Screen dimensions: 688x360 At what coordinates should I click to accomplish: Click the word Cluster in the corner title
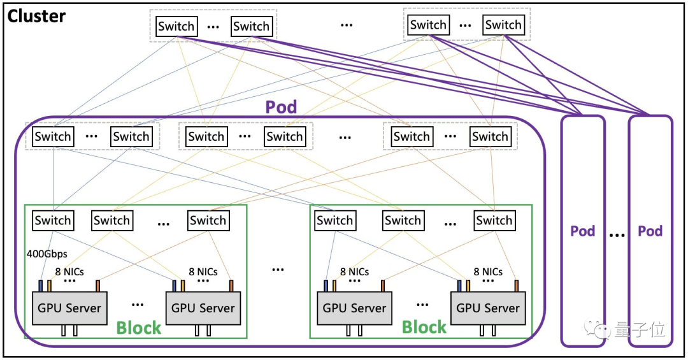click(36, 17)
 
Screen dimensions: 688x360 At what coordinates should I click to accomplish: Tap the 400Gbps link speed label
click(47, 254)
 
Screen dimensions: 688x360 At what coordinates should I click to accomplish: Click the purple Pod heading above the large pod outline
click(282, 106)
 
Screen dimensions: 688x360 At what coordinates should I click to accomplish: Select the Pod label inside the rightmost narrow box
click(650, 231)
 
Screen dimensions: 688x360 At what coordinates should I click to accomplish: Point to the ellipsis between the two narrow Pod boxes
click(617, 235)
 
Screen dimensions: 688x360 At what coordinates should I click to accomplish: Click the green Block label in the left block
click(139, 328)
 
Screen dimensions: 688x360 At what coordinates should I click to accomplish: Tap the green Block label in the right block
click(424, 327)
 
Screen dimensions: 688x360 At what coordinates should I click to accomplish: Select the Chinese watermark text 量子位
click(640, 329)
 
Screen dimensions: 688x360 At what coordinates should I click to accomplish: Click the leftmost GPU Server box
click(69, 308)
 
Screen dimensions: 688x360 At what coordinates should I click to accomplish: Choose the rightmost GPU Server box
click(488, 308)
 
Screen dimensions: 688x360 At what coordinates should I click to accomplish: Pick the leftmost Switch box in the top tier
click(176, 26)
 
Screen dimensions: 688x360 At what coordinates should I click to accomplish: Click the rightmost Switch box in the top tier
click(503, 25)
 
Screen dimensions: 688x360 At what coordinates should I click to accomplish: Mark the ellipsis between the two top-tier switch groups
click(347, 25)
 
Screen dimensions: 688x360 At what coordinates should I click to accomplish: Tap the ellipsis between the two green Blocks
click(278, 270)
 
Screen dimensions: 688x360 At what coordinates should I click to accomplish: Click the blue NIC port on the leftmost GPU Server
click(41, 286)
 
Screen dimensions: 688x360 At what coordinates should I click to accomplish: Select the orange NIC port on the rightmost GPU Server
click(517, 286)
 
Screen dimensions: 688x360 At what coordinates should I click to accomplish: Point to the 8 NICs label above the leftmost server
click(69, 272)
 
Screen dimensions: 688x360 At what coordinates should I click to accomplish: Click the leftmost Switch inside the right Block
click(335, 220)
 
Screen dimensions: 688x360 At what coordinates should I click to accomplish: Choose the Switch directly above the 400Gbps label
click(53, 220)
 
